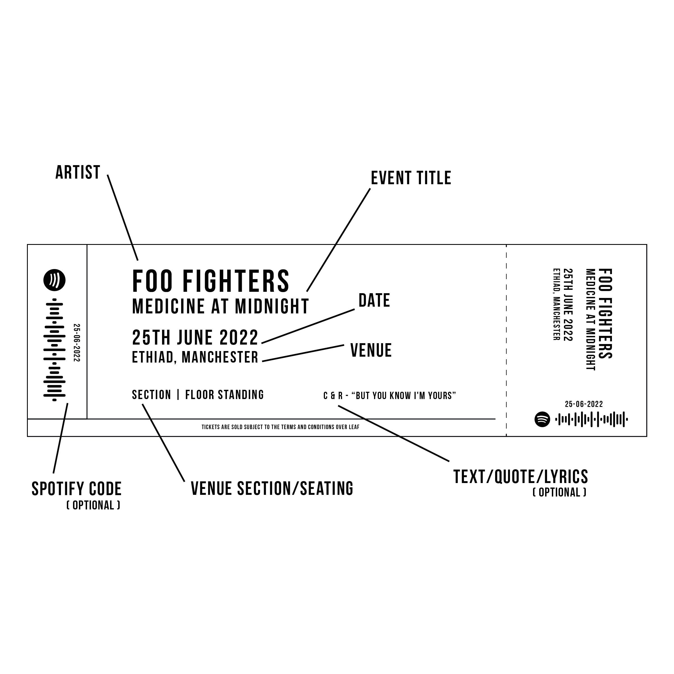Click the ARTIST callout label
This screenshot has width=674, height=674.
pyautogui.click(x=78, y=173)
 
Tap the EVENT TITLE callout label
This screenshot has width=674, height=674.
pyautogui.click(x=411, y=178)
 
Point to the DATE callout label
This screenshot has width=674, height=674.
pyautogui.click(x=374, y=300)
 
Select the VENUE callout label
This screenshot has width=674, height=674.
pyautogui.click(x=371, y=350)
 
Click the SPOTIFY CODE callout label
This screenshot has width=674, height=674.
pyautogui.click(x=76, y=489)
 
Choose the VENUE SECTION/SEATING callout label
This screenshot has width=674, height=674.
pyautogui.click(x=272, y=488)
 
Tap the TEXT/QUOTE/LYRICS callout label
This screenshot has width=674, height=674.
pyautogui.click(x=520, y=477)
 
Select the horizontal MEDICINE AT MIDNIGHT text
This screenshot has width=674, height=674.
pyautogui.click(x=220, y=306)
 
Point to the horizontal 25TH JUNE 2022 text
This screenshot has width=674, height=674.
pyautogui.click(x=195, y=337)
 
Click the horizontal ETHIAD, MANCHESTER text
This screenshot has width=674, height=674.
pyautogui.click(x=195, y=357)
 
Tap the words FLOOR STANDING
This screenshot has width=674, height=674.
pyautogui.click(x=225, y=395)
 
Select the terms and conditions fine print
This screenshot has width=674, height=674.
pyautogui.click(x=281, y=427)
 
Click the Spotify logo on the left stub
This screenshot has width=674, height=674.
pyautogui.click(x=54, y=280)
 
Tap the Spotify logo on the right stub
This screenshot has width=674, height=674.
pyautogui.click(x=542, y=419)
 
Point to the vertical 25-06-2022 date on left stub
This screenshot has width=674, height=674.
pyautogui.click(x=77, y=343)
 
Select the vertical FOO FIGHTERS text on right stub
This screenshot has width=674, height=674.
pyautogui.click(x=605, y=313)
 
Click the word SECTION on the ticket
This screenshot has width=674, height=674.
pyautogui.click(x=151, y=395)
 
